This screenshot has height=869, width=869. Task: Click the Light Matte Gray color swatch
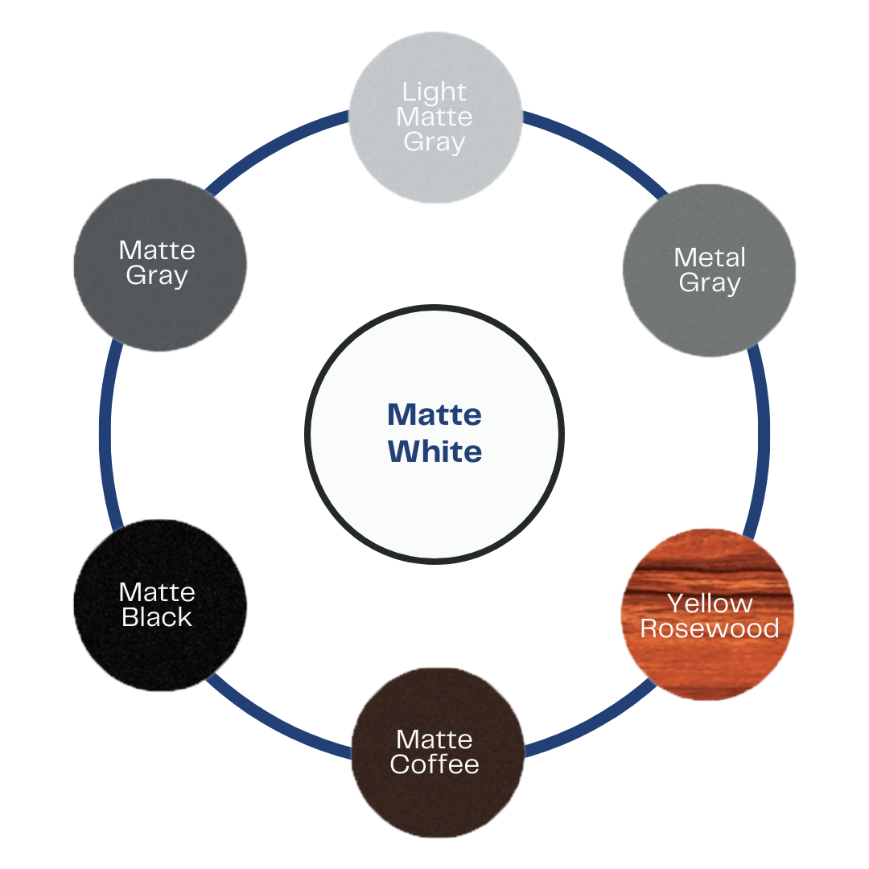pos(435,117)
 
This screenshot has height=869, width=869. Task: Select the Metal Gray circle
pos(710,270)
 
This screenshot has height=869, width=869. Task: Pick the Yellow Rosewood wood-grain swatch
pos(708,614)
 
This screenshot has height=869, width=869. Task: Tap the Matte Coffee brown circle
pos(438,752)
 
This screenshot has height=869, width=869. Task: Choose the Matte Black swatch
pos(160,605)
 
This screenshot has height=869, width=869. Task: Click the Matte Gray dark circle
pos(160,265)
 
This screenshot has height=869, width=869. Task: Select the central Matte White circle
pos(434,434)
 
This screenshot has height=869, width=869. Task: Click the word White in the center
pos(434,451)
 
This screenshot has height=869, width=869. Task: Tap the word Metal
pos(710,257)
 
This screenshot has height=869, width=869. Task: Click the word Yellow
pos(710,603)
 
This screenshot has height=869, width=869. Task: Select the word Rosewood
pos(710,628)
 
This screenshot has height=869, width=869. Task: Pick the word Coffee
pos(434,764)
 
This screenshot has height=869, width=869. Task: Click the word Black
pos(157,617)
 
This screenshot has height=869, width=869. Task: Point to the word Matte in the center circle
pos(434,414)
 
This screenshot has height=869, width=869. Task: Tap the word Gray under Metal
pos(710,283)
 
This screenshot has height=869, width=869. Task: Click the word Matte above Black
pos(157,592)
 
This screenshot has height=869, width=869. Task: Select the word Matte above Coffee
pos(434,740)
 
